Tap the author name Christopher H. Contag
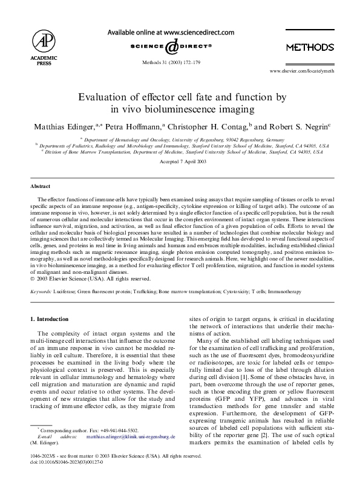pos(206,128)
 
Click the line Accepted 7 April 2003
pos(180,163)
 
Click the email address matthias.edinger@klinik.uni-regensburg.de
pos(131,436)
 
